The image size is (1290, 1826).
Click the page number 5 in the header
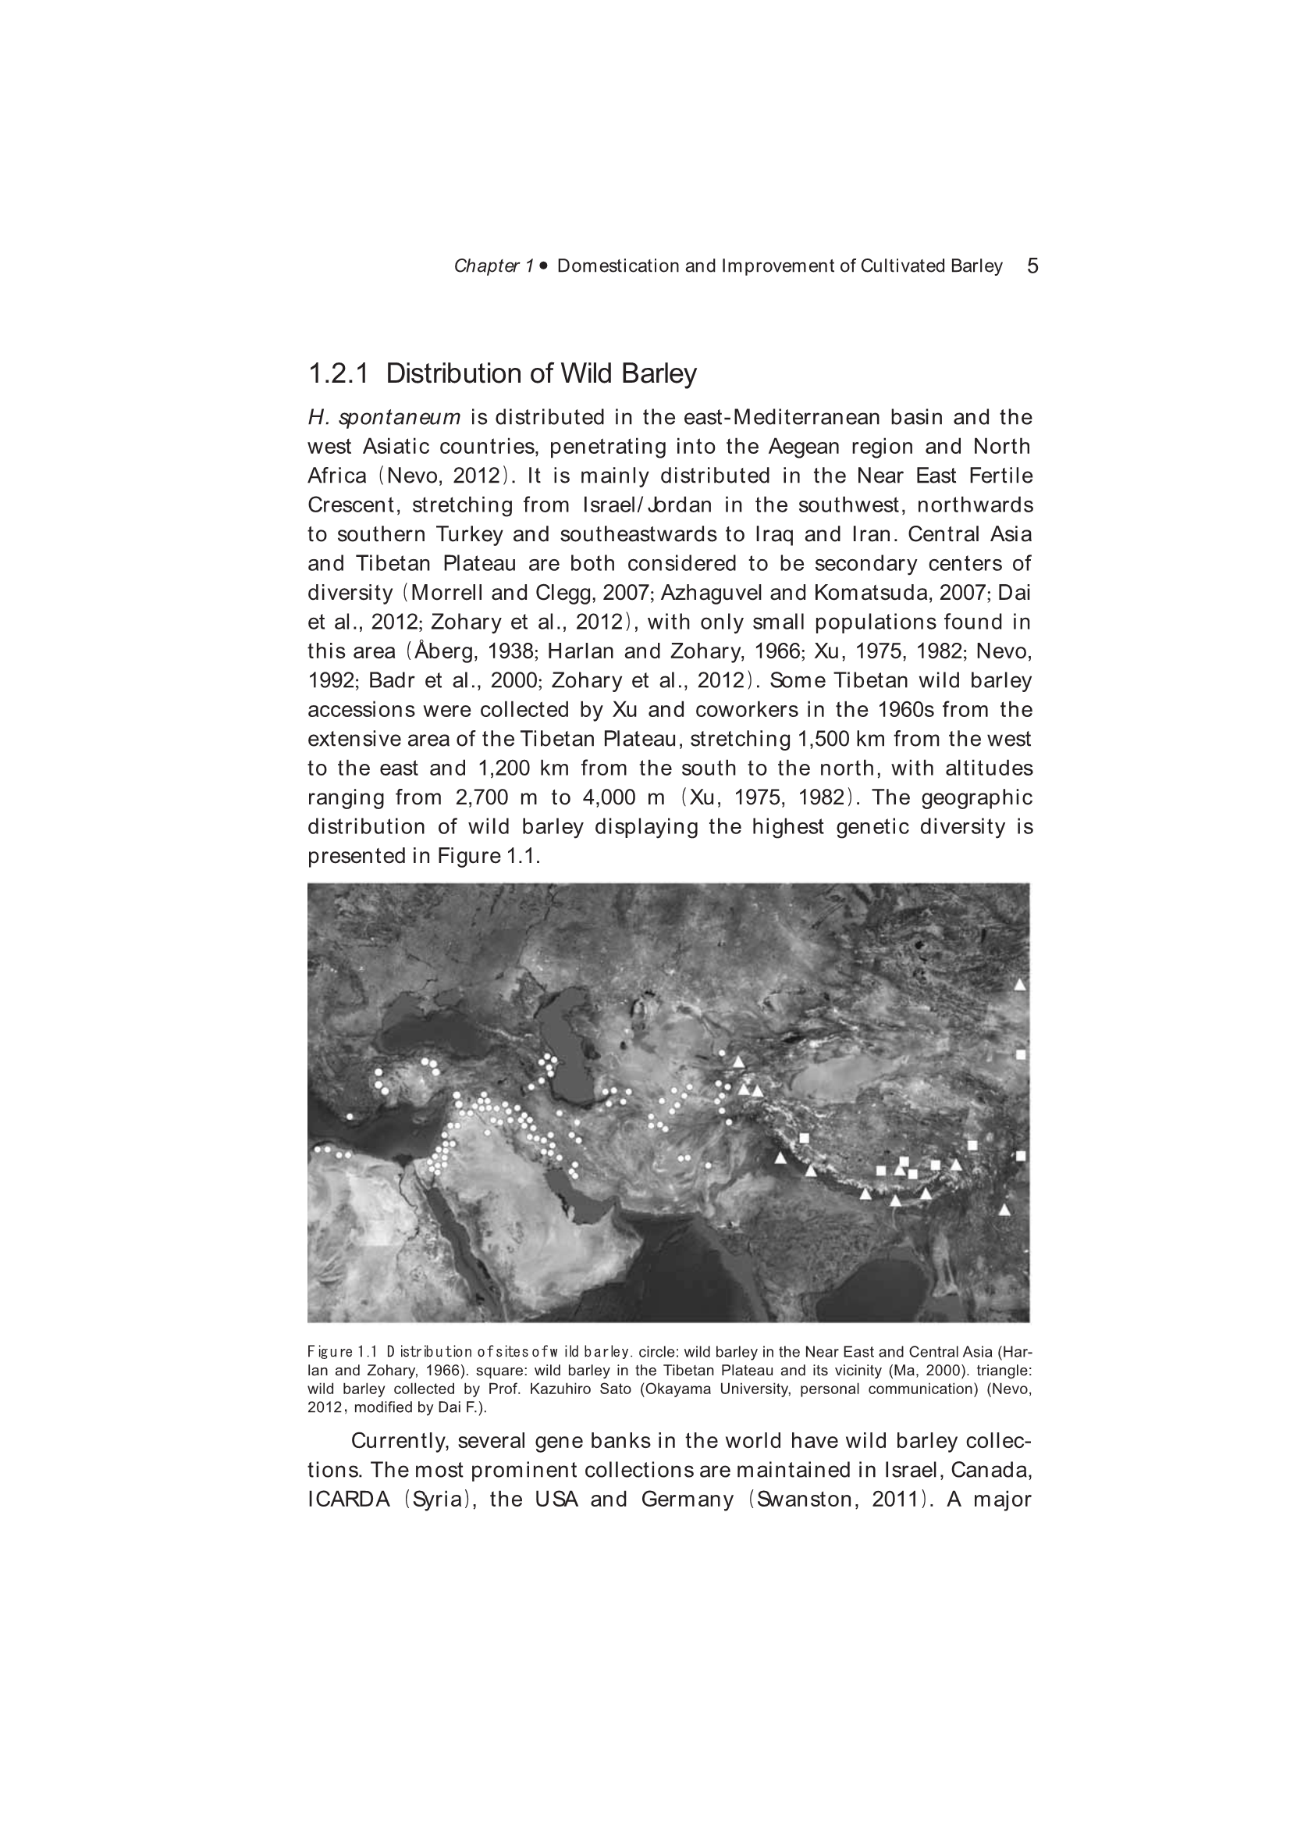pos(1032,266)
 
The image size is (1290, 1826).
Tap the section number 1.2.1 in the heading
pos(339,373)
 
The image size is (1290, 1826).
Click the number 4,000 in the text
pos(613,797)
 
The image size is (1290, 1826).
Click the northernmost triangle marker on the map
pos(1021,985)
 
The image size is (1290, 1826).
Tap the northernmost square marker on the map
pos(1021,1054)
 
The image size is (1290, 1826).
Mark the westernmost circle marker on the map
pos(318,1149)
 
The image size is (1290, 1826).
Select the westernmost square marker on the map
pos(804,1138)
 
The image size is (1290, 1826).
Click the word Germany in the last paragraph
pos(687,1500)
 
